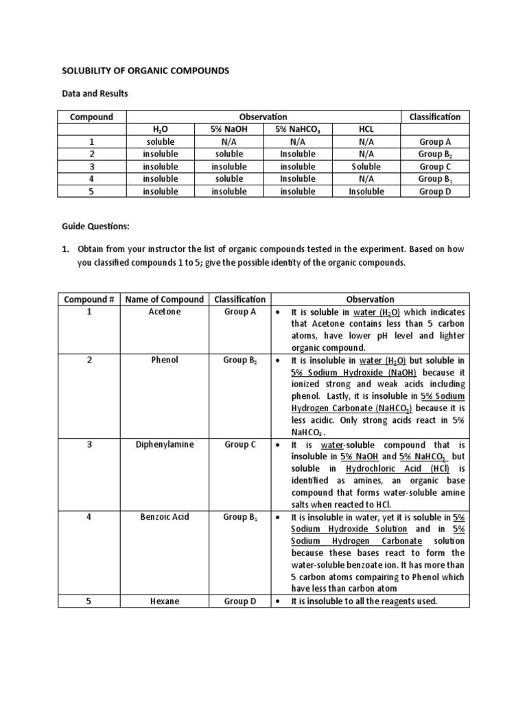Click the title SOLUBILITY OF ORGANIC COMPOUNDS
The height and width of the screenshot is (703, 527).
point(146,71)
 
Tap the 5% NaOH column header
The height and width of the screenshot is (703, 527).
point(229,129)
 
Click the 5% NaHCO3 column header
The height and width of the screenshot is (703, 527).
point(298,129)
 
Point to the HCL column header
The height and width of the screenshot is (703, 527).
point(366,129)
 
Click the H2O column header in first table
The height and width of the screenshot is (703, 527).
point(161,129)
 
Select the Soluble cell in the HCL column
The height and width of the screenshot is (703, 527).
point(366,167)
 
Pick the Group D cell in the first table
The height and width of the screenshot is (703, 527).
point(434,192)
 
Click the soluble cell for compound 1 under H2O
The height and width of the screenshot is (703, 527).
point(161,141)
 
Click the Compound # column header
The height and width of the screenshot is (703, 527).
point(88,299)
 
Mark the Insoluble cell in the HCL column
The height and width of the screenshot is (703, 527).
point(366,192)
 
